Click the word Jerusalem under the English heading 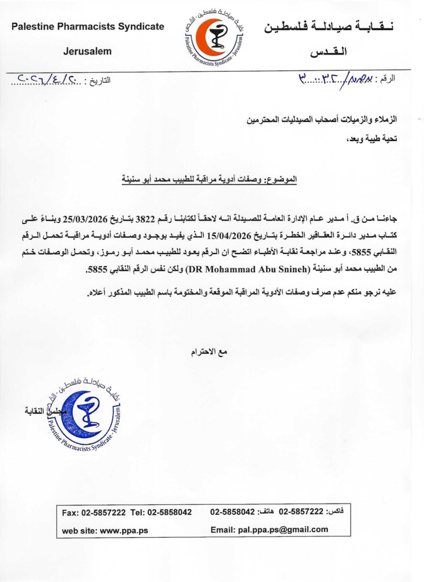(87, 51)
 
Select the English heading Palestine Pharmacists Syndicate (88, 26)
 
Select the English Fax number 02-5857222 (104, 512)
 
